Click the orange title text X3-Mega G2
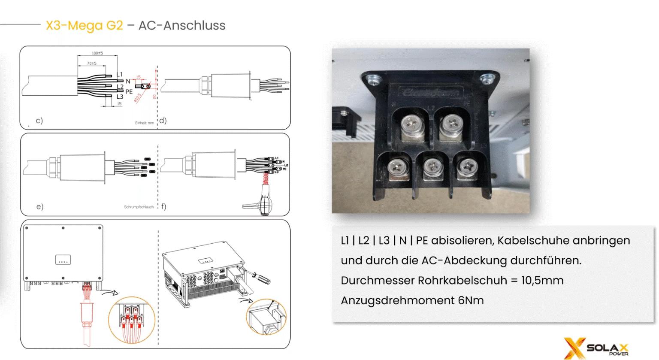(85, 26)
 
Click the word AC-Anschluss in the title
(182, 26)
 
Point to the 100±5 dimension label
(97, 53)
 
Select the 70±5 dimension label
(92, 64)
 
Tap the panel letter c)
(39, 121)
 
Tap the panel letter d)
(163, 121)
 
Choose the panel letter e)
(39, 207)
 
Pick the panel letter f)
(163, 206)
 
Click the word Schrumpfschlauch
(139, 207)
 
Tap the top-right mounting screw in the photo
(487, 79)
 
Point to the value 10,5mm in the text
(542, 281)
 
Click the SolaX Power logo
(596, 348)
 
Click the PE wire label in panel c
(129, 92)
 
